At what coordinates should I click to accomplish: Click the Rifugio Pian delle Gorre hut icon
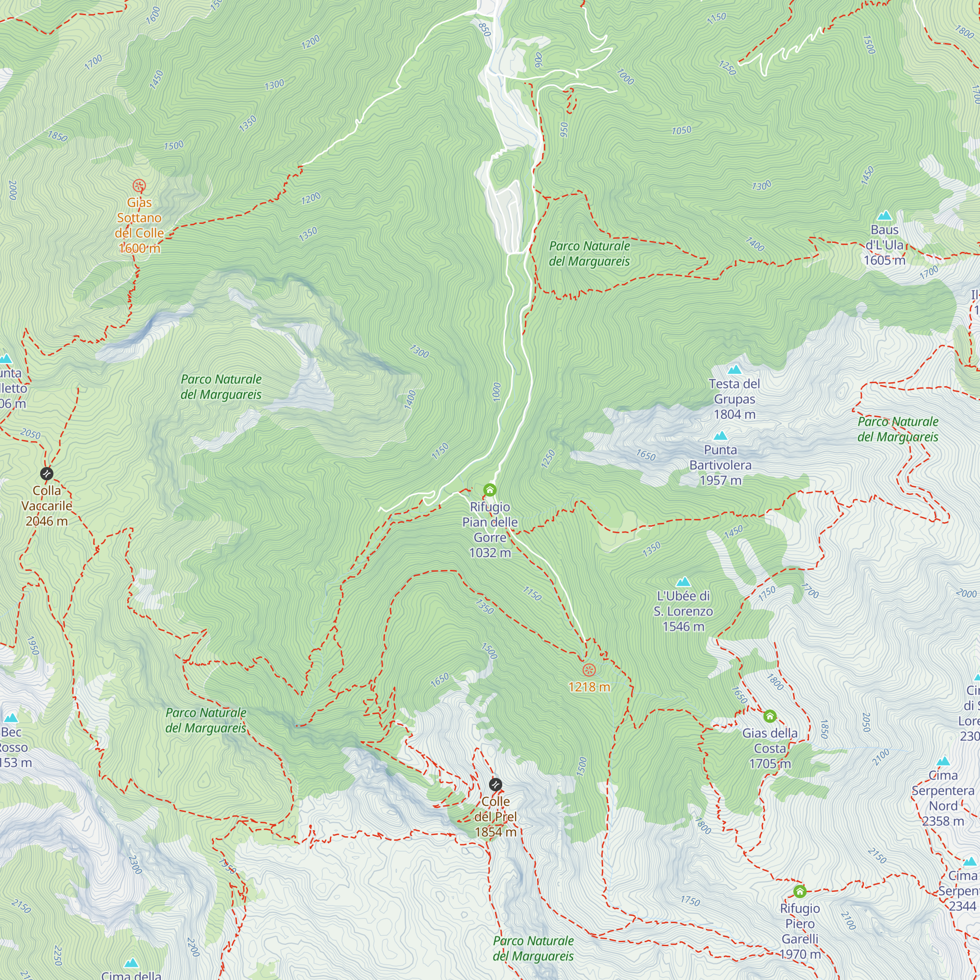[490, 490]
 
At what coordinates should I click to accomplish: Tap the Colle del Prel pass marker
[495, 784]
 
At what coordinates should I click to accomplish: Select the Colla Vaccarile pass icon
[47, 474]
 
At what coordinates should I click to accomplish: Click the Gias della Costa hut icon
[769, 716]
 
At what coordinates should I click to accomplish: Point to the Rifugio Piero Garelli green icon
[799, 891]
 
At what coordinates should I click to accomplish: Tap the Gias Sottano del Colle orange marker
[139, 186]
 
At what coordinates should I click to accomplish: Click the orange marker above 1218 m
[588, 670]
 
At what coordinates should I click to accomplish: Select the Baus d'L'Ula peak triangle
[884, 216]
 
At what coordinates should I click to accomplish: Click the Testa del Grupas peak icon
[734, 369]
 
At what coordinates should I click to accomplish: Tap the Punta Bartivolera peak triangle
[720, 436]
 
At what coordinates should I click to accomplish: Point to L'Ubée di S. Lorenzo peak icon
[683, 581]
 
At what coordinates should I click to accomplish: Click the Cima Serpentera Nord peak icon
[943, 761]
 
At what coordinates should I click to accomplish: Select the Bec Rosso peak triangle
[11, 718]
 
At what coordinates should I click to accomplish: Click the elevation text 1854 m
[495, 832]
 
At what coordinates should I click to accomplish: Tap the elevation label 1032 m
[490, 552]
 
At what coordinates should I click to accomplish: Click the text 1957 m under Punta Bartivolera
[720, 480]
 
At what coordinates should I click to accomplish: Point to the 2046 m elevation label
[47, 521]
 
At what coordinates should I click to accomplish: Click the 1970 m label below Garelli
[800, 954]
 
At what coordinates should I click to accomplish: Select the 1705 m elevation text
[769, 763]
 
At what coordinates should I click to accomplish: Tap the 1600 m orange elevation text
[139, 248]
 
